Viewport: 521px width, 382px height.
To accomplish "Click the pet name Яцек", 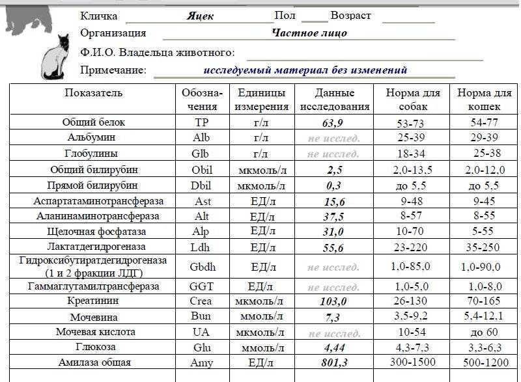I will [200, 16].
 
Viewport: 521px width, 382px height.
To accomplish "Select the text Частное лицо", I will [309, 33].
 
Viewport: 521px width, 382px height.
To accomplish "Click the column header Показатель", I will [93, 93].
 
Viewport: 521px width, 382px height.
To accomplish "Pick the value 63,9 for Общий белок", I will [333, 122].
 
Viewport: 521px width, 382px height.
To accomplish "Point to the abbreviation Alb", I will [202, 138].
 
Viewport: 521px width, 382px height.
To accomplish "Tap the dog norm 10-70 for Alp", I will [412, 232].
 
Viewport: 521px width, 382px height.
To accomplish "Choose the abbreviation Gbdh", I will [202, 267].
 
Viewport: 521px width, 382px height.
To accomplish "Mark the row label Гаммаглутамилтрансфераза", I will [93, 286].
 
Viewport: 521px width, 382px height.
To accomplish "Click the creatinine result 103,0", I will [333, 302].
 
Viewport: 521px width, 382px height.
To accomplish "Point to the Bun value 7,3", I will [333, 318].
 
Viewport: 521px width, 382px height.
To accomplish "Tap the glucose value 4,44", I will [333, 348].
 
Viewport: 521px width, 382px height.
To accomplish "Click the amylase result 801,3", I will [333, 363].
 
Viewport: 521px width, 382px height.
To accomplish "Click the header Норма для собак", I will [412, 100].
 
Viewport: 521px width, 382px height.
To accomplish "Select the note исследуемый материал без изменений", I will [305, 70].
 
